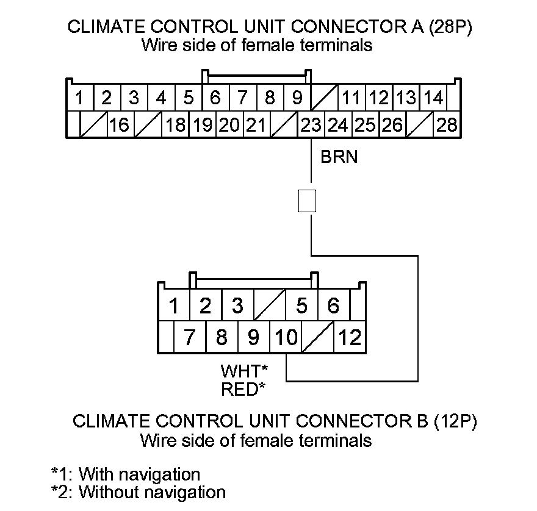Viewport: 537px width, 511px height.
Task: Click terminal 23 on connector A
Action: coord(311,125)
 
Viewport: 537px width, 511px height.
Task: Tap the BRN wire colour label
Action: coord(339,157)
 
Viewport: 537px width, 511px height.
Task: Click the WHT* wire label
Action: coord(244,371)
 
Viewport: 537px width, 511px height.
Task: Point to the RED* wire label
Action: coord(243,388)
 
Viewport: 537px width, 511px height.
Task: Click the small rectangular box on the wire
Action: coord(307,201)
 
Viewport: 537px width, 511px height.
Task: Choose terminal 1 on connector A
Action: coord(79,98)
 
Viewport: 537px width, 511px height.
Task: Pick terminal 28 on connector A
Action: coord(447,125)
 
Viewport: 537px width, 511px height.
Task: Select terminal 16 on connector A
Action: coord(120,125)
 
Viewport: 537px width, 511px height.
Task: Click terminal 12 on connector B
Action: coord(350,337)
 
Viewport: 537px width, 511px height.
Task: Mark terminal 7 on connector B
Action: coord(190,337)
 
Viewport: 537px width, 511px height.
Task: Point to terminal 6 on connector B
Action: coord(333,306)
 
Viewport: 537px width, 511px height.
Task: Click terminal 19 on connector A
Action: coord(202,125)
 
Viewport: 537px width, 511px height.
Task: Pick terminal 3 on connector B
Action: coord(238,306)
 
